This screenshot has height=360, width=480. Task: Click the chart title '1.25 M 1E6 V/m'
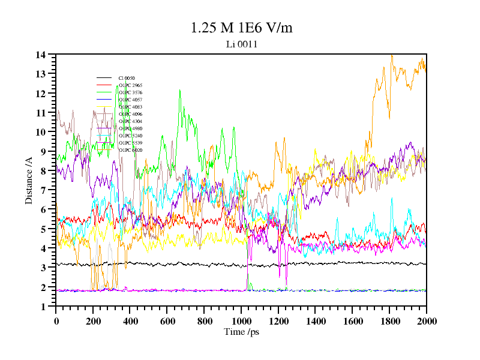pos(241,28)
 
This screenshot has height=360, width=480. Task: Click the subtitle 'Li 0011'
pos(241,44)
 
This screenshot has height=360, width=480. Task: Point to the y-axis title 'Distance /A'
pos(29,181)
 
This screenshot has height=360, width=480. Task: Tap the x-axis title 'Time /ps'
pos(241,331)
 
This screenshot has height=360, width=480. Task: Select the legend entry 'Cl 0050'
pos(126,78)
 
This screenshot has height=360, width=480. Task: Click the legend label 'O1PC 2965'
pos(130,85)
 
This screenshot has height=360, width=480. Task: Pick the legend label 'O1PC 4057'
pos(130,100)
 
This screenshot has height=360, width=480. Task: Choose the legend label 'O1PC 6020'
pos(130,150)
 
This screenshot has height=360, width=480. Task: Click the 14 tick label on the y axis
pos(40,55)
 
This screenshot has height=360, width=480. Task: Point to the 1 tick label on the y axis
pos(43,307)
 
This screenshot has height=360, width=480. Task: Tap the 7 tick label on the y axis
pos(43,190)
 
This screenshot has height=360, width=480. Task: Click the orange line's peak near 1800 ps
pos(392,55)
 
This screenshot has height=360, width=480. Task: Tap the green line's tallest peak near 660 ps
pos(179,91)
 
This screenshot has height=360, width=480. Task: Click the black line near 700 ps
pos(185,264)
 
